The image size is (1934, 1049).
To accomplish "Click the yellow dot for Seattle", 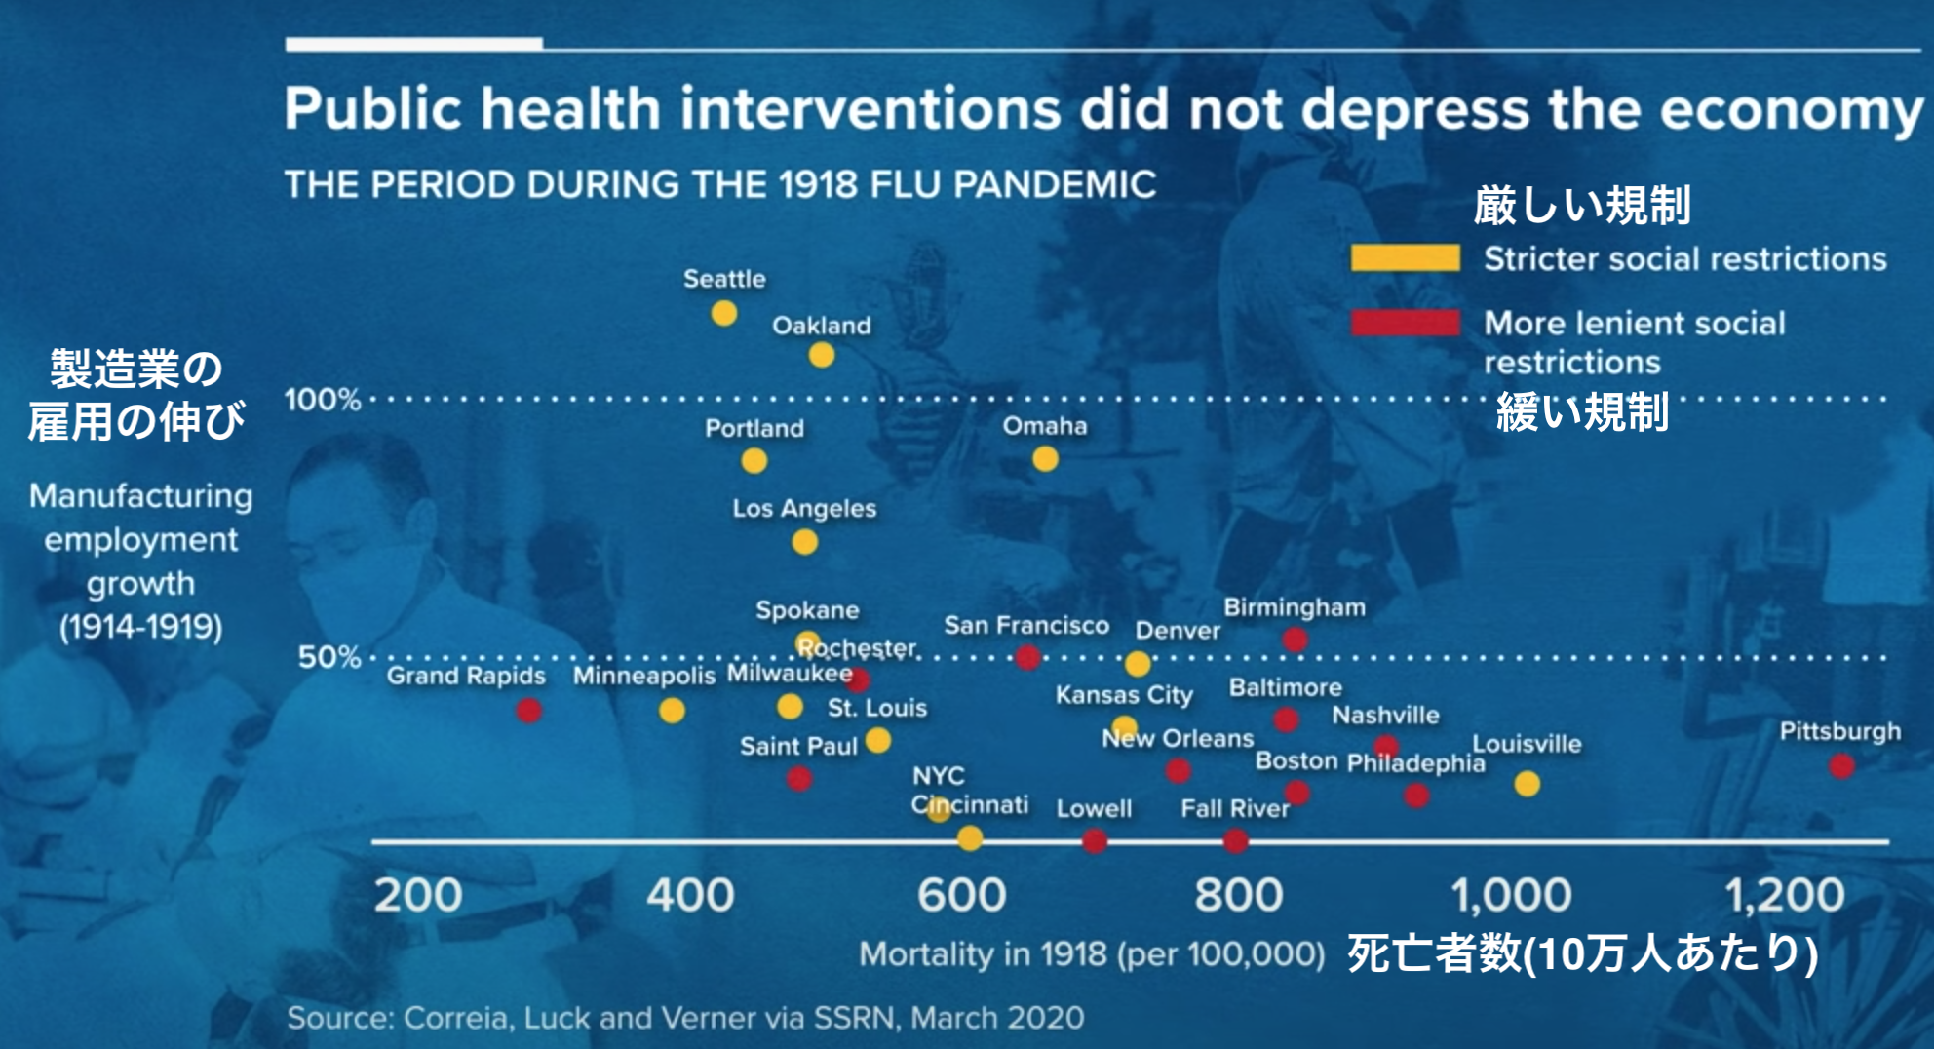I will click(x=723, y=313).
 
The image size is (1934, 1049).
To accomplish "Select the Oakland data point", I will click(x=822, y=355).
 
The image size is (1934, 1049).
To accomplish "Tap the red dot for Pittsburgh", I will click(x=1841, y=766).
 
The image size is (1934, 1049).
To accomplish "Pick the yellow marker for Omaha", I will click(x=1045, y=458).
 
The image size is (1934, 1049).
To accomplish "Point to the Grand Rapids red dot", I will click(x=529, y=711).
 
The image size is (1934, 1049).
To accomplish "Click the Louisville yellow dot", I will click(x=1528, y=784).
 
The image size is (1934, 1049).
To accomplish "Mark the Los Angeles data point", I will click(x=804, y=542).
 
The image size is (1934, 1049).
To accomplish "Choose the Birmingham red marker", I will click(x=1295, y=640).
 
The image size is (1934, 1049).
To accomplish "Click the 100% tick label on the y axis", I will click(x=323, y=400).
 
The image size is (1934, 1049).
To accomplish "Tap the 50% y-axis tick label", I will click(x=329, y=657).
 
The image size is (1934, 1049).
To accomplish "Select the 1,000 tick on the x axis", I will click(x=1511, y=895).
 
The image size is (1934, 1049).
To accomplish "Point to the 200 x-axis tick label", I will click(x=417, y=895).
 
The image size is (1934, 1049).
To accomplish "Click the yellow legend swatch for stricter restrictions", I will click(x=1405, y=258).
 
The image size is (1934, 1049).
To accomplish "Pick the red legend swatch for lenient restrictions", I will click(x=1405, y=323).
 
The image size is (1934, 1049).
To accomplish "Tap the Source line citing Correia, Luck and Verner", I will click(x=685, y=1018).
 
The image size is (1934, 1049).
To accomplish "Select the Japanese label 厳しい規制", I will click(x=1581, y=206).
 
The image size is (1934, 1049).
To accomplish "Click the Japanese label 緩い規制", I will click(x=1581, y=412).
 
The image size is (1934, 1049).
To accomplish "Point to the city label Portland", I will click(x=754, y=428).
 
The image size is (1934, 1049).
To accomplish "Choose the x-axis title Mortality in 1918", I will click(x=1091, y=953).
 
